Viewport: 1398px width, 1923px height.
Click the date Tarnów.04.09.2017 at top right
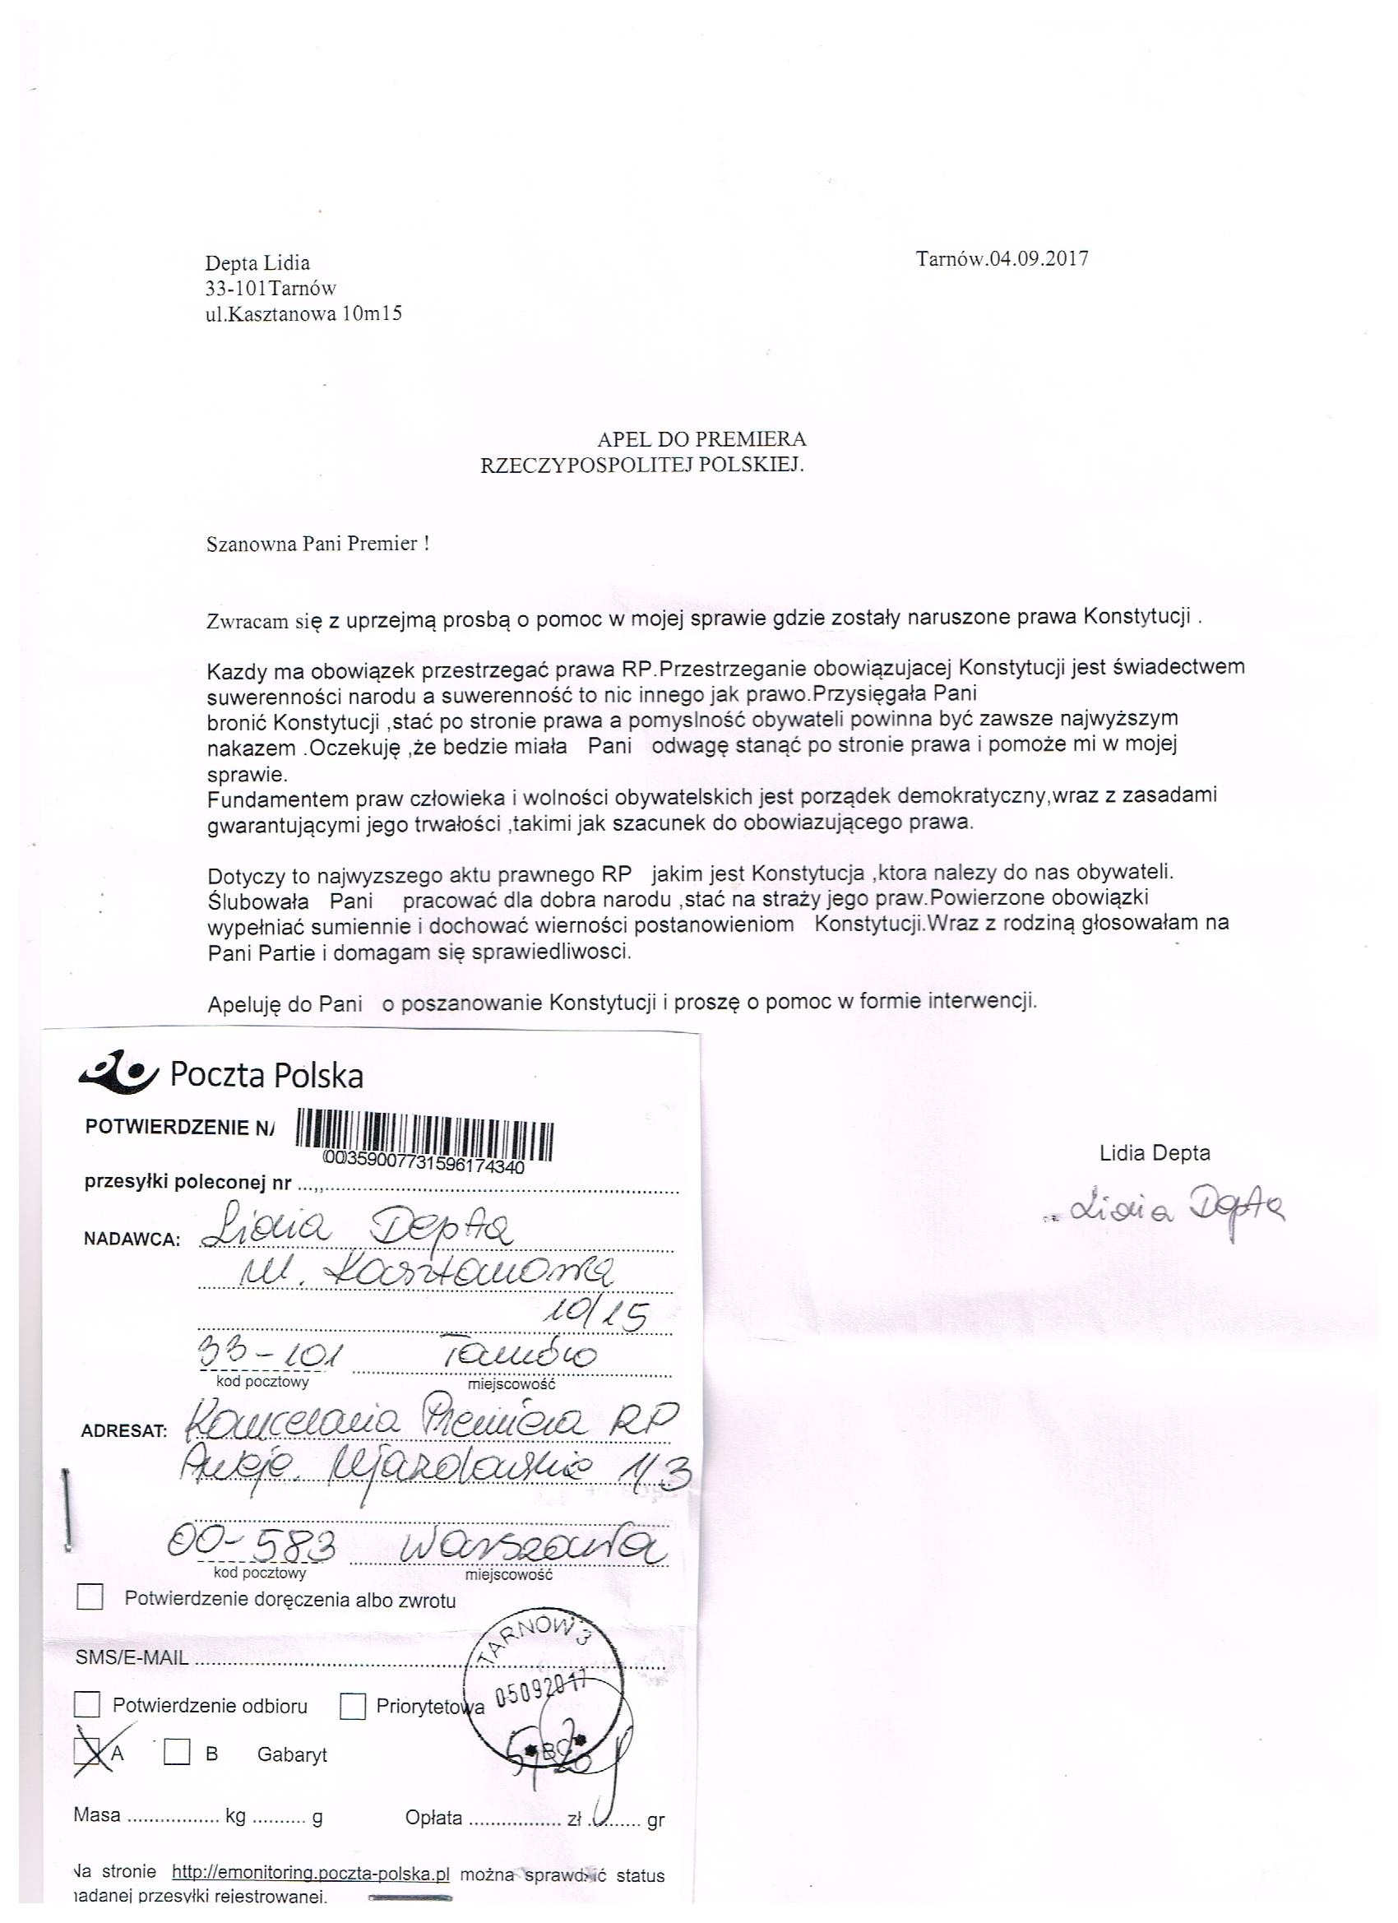click(x=1002, y=258)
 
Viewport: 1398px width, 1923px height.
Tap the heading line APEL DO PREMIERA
click(x=701, y=439)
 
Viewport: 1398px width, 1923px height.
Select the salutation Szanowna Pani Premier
click(x=317, y=544)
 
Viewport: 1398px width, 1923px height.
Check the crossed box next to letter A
click(x=87, y=1754)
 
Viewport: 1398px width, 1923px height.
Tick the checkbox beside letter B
click(x=176, y=1752)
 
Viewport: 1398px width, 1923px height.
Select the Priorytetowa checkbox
click(x=353, y=1706)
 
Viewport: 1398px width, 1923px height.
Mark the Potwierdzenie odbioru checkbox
click(x=87, y=1704)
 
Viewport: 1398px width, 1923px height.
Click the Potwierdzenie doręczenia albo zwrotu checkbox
click(x=90, y=1598)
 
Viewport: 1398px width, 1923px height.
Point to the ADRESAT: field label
click(x=125, y=1431)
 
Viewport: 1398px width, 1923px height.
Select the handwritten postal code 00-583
click(x=251, y=1545)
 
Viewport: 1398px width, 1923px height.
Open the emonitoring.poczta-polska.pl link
click(x=310, y=1873)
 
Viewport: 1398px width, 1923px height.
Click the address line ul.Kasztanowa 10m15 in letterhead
click(x=303, y=313)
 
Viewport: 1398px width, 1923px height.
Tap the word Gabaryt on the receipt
click(x=292, y=1754)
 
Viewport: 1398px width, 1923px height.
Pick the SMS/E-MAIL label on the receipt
click(x=132, y=1657)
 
